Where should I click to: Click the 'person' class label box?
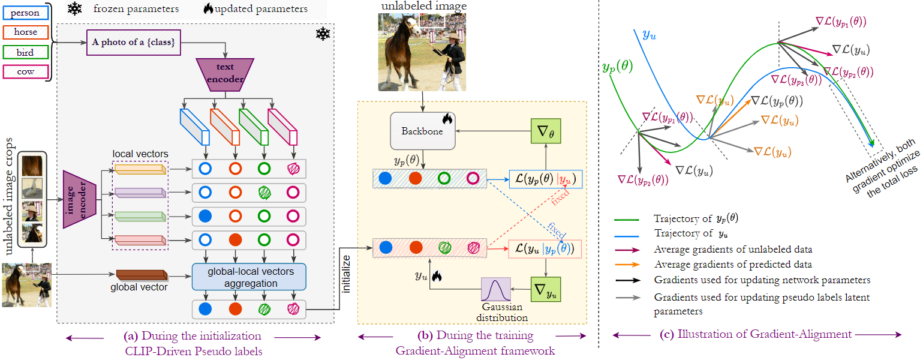(25, 13)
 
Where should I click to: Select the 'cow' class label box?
(25, 72)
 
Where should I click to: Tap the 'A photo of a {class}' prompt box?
(133, 43)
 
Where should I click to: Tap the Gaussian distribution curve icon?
(495, 293)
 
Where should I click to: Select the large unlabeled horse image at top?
(422, 53)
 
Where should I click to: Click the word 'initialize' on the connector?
(347, 275)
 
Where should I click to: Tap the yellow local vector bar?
(140, 170)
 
